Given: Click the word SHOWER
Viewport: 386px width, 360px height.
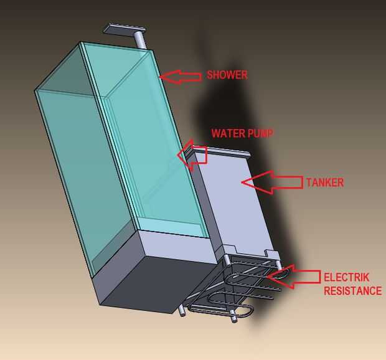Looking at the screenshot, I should [227, 75].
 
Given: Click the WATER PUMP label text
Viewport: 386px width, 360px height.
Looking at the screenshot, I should [242, 133].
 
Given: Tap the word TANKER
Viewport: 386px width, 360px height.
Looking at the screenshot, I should [325, 182].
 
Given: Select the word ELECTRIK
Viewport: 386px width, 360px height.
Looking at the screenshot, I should [344, 277].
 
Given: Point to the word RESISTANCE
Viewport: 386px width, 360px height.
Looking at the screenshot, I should [352, 290].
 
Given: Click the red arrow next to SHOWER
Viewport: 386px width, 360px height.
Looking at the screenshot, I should [181, 76].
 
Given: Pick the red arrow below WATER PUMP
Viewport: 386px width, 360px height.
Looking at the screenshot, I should [192, 155].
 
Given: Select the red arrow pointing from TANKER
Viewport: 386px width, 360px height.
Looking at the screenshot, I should [271, 182].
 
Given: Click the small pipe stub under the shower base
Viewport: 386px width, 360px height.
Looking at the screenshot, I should [182, 309].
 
